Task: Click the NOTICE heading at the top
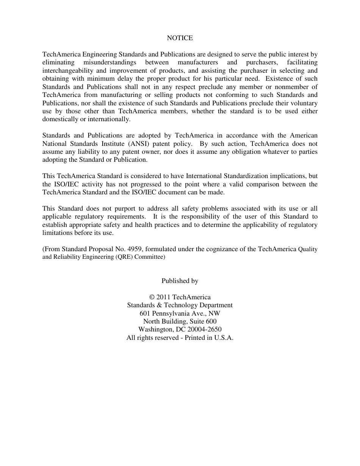tap(180, 38)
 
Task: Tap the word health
tap(148, 225)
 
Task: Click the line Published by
tap(180, 281)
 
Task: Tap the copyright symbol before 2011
tap(152, 297)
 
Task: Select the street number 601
tap(145, 313)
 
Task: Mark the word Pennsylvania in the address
tap(170, 313)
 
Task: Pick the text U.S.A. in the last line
tap(224, 338)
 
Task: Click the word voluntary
tap(304, 103)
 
